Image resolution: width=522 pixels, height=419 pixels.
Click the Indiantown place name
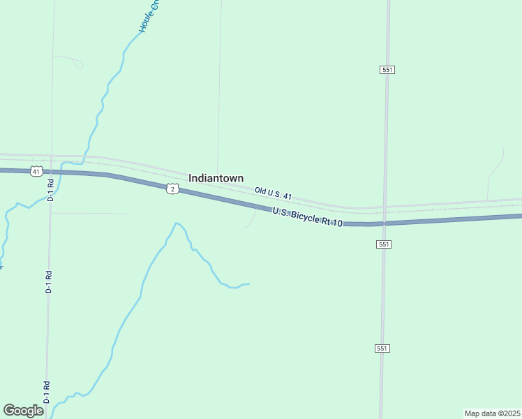pyautogui.click(x=216, y=178)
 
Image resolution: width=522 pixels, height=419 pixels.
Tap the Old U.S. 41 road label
pyautogui.click(x=273, y=192)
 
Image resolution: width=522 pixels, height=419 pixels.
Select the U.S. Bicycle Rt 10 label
pyautogui.click(x=307, y=216)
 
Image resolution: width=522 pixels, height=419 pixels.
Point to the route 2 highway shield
pyautogui.click(x=172, y=189)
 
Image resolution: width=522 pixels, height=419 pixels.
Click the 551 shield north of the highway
pyautogui.click(x=387, y=70)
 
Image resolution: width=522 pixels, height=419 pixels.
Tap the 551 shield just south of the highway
pyautogui.click(x=384, y=244)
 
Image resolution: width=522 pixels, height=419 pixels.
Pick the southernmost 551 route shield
pyautogui.click(x=382, y=348)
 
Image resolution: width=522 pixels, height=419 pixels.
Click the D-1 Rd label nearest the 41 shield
pyautogui.click(x=50, y=190)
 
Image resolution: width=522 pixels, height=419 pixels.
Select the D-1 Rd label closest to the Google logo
pyautogui.click(x=47, y=392)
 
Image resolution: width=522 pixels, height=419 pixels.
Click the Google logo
pyautogui.click(x=23, y=411)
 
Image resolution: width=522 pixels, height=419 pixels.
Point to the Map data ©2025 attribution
pyautogui.click(x=492, y=413)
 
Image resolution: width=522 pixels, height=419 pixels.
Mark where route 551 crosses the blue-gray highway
pyautogui.click(x=385, y=223)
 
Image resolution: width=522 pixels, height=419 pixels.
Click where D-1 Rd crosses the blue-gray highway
pyautogui.click(x=50, y=171)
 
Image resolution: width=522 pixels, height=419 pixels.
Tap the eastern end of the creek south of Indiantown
pyautogui.click(x=248, y=284)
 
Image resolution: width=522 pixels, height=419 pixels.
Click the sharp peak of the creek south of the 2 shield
pyautogui.click(x=177, y=223)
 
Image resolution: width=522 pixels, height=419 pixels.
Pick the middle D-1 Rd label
pyautogui.click(x=49, y=281)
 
